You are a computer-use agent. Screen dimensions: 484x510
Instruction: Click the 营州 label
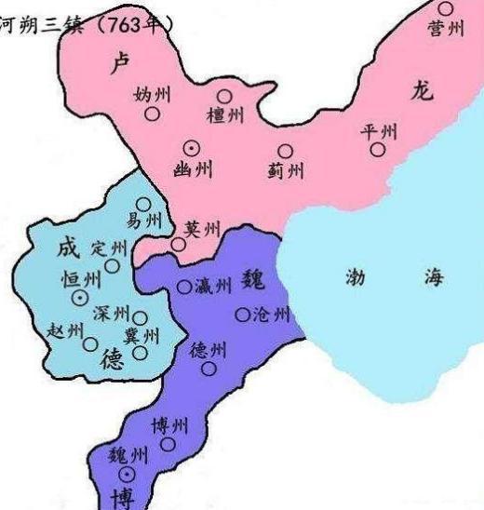coord(446,30)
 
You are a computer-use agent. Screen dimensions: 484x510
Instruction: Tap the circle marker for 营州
coord(446,8)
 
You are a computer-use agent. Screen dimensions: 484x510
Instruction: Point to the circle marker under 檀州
coord(224,95)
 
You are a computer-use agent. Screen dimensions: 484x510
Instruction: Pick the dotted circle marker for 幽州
coord(192,145)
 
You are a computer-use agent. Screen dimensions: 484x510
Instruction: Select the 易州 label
coord(143,222)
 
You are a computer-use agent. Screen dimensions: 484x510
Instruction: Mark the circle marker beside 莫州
coord(178,244)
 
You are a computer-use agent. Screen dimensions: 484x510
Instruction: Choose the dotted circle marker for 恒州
coord(81,297)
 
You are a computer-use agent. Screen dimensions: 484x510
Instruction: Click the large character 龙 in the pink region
coord(419,89)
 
